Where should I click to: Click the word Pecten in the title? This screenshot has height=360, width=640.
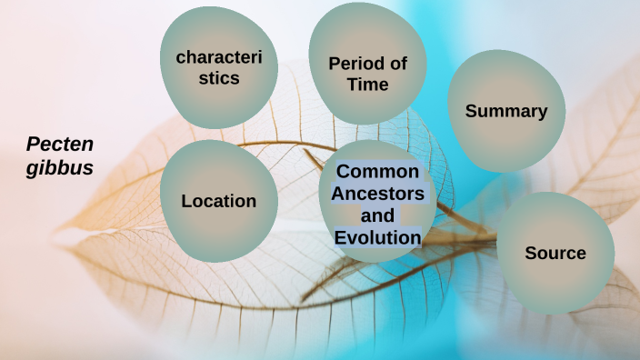60,144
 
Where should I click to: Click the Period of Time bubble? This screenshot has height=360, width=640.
367,68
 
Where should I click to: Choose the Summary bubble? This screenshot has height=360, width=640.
505,111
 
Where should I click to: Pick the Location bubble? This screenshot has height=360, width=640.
218,201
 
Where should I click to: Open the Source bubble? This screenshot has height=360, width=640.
555,253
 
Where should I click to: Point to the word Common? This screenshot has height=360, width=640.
378,172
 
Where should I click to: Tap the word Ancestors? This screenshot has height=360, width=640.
377,194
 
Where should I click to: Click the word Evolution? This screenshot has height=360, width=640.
377,238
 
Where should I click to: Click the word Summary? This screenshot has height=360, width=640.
506,112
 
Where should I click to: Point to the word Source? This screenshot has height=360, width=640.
555,253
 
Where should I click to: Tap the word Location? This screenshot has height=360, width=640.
218,201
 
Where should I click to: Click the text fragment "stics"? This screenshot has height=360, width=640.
219,79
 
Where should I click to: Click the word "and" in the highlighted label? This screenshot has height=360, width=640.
377,216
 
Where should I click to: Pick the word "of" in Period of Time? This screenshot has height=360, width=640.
397,64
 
